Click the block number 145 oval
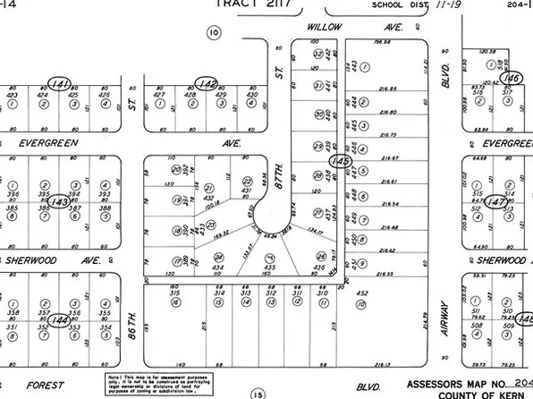(338, 160)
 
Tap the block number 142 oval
(209, 82)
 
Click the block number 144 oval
(60, 319)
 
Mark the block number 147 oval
(498, 202)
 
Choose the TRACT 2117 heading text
(242, 4)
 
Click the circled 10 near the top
(212, 33)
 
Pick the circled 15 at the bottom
(258, 393)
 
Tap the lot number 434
(217, 267)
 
